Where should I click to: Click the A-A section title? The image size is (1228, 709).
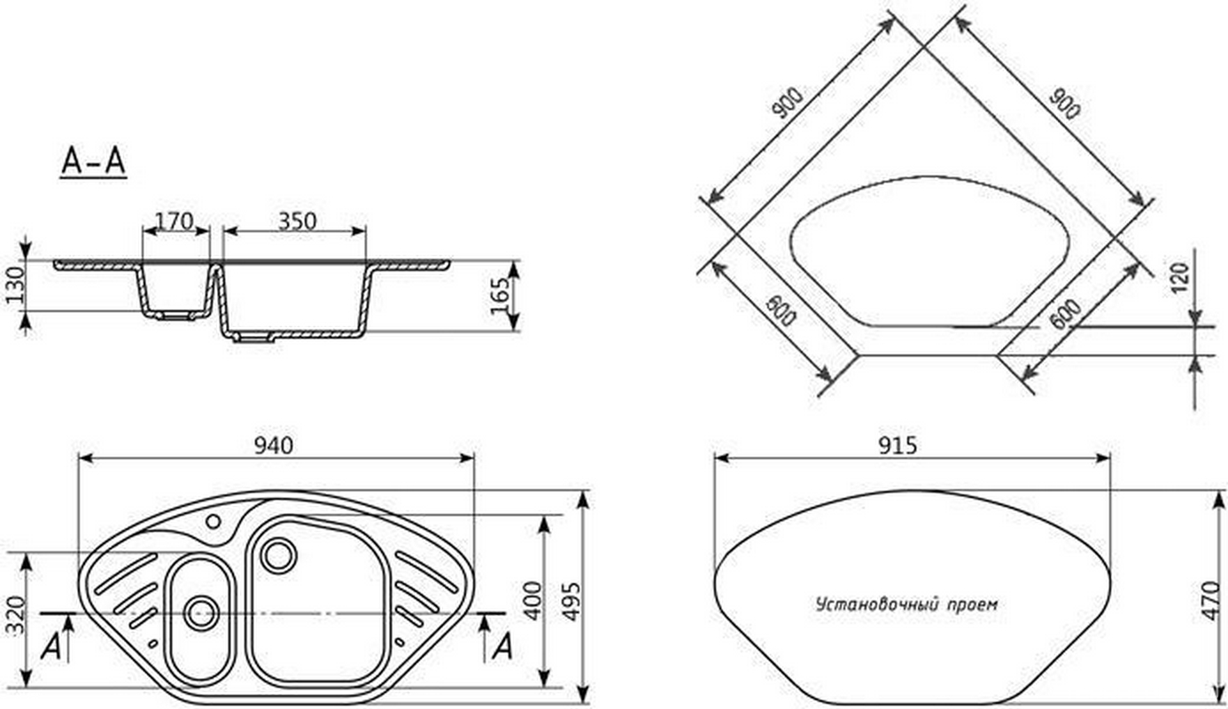(x=93, y=162)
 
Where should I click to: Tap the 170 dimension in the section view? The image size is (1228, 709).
(x=174, y=221)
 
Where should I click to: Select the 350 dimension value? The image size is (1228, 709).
(x=297, y=221)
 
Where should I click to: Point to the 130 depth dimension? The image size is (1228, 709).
(x=15, y=284)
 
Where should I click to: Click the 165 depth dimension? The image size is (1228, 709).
(x=499, y=297)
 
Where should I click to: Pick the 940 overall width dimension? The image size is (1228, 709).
(x=274, y=447)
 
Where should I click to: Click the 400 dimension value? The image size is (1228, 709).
(x=533, y=600)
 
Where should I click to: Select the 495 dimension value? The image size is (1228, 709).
(x=571, y=602)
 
